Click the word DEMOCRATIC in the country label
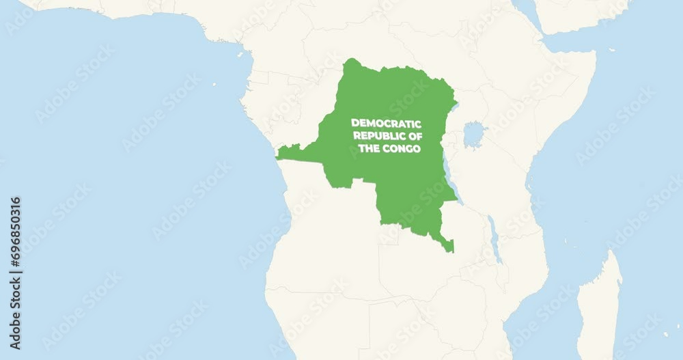[386, 123]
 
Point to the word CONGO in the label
[403, 148]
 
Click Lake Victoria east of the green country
[473, 134]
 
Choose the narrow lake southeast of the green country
[495, 239]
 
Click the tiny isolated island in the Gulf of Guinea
[214, 85]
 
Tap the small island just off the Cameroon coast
[240, 53]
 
